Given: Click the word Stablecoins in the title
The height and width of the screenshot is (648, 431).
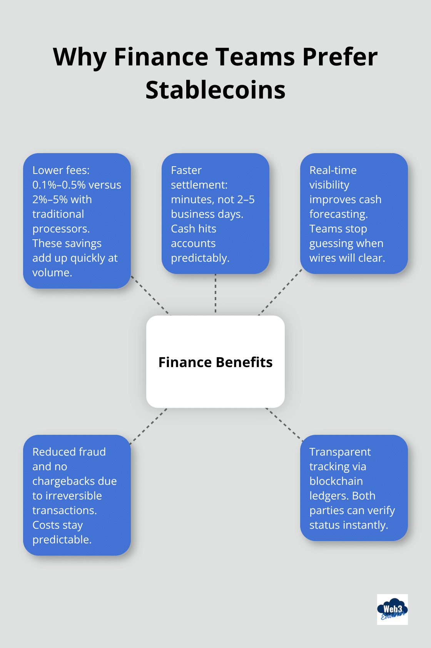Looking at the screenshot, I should tap(215, 90).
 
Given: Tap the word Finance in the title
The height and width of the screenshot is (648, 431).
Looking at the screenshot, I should tap(160, 57).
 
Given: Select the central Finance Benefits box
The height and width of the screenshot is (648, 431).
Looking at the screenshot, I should tap(215, 362).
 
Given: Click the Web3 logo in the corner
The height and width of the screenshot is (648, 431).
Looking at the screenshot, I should tap(392, 609).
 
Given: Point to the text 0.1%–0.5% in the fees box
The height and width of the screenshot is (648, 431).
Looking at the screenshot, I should tap(59, 185).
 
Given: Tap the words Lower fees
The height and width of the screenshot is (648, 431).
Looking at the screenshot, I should tap(61, 170).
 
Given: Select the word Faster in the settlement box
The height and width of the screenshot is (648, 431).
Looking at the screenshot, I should tap(186, 170).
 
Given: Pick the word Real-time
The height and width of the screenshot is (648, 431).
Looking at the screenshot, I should tap(333, 170).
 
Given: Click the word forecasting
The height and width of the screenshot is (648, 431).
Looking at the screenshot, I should tap(339, 214).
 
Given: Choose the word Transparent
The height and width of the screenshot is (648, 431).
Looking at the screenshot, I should tap(340, 452).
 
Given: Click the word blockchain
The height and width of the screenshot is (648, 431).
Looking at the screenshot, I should tap(336, 481).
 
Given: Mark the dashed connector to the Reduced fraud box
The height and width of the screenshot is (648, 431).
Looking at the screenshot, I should tap(149, 426).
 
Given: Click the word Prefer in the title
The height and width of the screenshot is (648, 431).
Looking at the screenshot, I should tap(340, 57).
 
